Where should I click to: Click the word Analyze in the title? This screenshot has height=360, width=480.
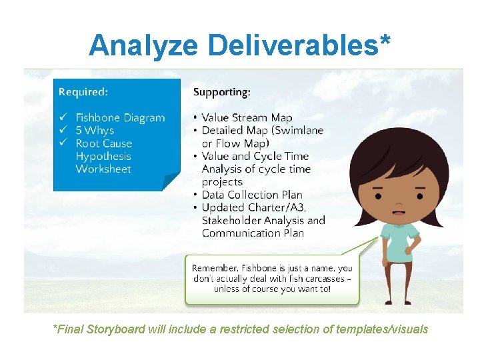point(143,45)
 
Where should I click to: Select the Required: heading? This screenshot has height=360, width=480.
point(83,91)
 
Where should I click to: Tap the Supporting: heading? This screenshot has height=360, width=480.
point(222,91)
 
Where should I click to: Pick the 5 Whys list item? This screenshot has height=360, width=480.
point(95,131)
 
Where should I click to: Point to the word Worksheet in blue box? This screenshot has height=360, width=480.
point(103,169)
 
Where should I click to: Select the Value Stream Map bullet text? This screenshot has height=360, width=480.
point(247,118)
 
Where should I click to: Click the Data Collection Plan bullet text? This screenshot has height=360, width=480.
point(251,195)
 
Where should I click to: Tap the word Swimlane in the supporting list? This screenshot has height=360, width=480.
point(298,131)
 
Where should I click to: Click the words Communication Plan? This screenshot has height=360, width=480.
point(253,233)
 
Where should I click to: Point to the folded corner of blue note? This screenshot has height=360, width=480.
point(171,182)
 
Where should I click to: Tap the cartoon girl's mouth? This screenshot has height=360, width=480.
point(398,213)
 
